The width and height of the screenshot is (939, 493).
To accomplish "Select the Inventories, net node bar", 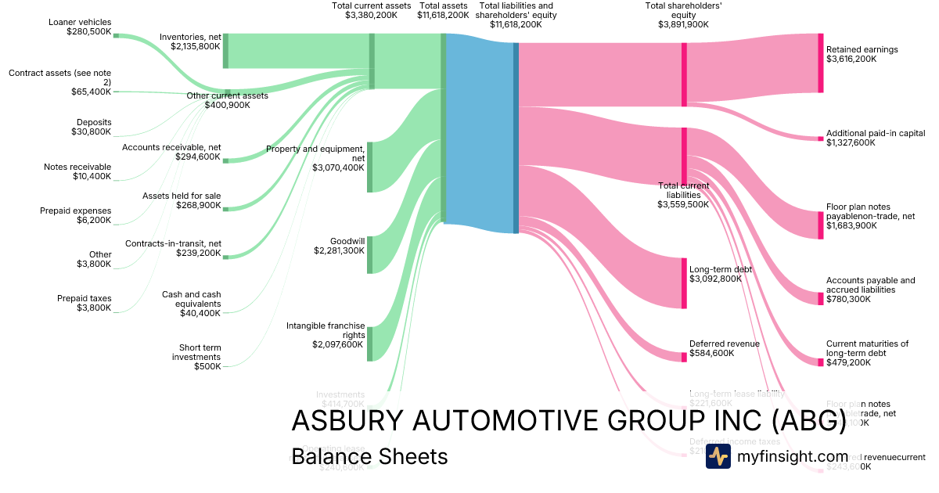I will [x=225, y=51].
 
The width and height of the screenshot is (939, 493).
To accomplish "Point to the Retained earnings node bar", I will [x=821, y=63].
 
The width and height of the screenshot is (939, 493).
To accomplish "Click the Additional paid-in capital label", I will [x=875, y=138].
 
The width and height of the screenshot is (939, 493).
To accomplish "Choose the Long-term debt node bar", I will [x=684, y=282].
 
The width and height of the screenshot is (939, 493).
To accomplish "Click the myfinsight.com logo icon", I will [x=718, y=456].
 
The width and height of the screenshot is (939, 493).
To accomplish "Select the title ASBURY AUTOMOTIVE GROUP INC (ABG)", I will [x=568, y=421].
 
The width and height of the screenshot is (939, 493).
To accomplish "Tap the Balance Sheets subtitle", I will [x=369, y=456].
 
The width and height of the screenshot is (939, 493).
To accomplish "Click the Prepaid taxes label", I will [x=84, y=303].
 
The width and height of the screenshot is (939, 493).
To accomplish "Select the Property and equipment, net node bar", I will [x=370, y=167].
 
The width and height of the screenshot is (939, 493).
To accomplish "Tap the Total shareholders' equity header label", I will [x=683, y=15].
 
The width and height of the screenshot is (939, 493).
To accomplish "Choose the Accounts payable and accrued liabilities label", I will [x=870, y=290].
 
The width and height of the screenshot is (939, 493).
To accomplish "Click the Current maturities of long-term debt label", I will [x=867, y=353].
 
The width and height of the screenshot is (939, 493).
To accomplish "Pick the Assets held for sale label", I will [x=182, y=200].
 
